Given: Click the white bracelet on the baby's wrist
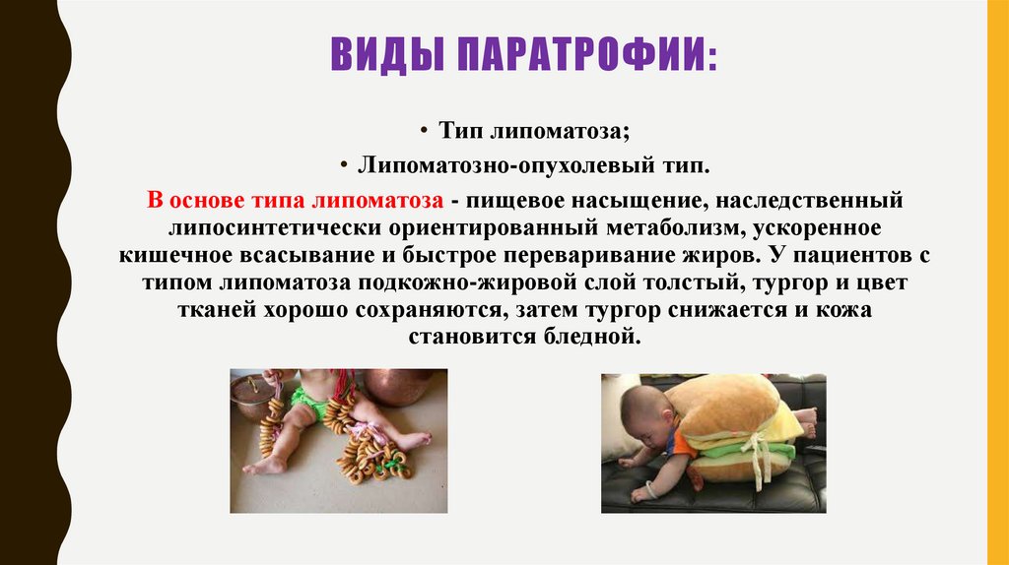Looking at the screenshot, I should pyautogui.click(x=649, y=489).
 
